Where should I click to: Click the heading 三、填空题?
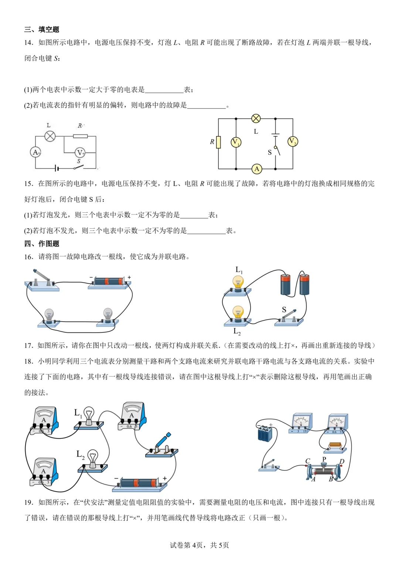(41, 30)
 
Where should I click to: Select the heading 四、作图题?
(41, 244)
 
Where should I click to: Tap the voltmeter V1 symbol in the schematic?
(236, 142)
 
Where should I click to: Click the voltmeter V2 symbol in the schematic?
(293, 141)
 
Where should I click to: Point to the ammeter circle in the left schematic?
(35, 152)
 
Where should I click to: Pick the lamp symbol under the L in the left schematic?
(50, 136)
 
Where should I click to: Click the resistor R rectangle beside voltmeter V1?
(218, 142)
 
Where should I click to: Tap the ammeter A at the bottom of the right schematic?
(257, 169)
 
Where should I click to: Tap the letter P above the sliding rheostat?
(324, 459)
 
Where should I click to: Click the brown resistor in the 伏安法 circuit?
(335, 445)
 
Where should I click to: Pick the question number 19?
(28, 502)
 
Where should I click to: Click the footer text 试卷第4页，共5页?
(199, 545)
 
